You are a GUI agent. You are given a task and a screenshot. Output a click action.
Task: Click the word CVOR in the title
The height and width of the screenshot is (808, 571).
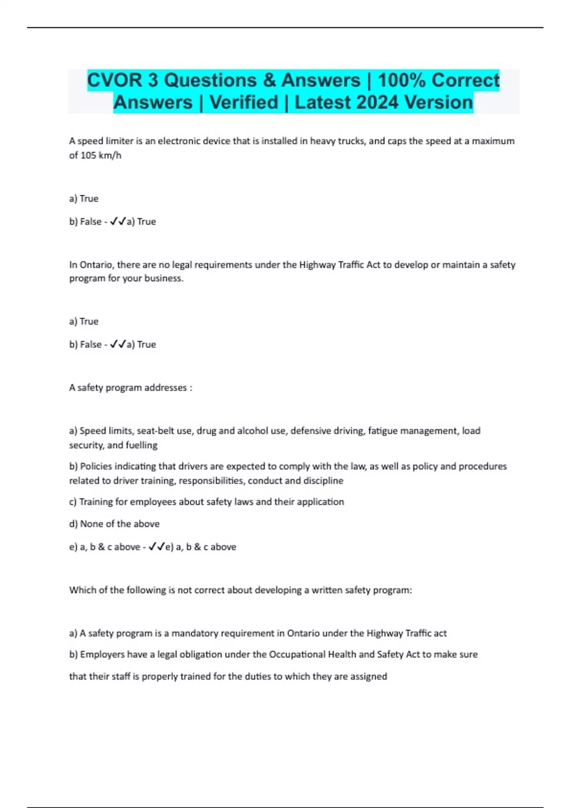pos(115,80)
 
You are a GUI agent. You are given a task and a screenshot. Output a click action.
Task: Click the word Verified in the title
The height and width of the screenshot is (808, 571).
pos(244,102)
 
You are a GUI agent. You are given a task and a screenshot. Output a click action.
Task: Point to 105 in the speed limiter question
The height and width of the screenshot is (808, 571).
pos(88,155)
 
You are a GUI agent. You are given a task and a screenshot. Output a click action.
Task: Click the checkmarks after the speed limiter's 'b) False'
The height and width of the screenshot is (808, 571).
pos(118,221)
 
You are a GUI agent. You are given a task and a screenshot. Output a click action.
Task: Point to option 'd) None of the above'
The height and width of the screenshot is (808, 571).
pos(114,524)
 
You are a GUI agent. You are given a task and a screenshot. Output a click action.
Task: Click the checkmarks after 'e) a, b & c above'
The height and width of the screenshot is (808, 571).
pos(157,547)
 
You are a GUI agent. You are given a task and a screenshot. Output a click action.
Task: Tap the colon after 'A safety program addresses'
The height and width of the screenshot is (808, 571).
pos(191,388)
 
